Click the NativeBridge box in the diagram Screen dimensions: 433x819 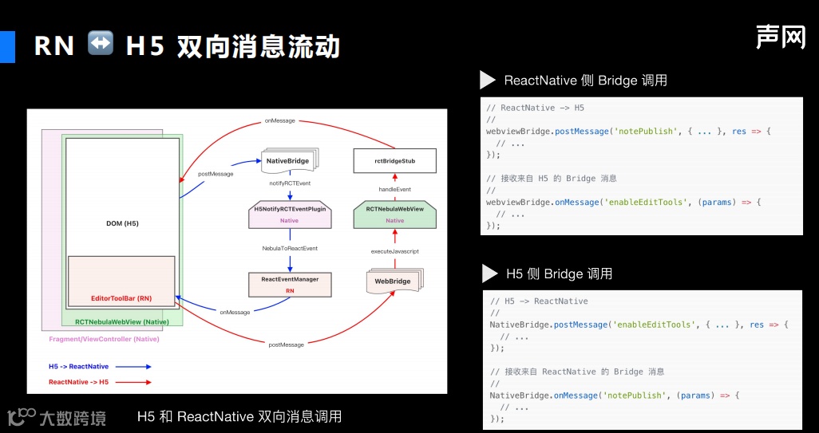288,160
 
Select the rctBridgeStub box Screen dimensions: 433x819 394,161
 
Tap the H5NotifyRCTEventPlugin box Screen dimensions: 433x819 290,215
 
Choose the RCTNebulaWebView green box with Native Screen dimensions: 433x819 394,215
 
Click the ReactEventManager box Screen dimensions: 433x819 290,285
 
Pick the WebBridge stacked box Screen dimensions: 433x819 393,281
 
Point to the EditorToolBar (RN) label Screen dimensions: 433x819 121,298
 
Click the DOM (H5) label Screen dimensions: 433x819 122,223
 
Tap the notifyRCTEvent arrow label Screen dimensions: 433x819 290,183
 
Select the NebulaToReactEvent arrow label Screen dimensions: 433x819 290,249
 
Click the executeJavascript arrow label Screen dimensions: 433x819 394,251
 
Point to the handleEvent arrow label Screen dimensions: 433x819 394,189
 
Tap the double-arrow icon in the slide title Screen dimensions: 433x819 101,44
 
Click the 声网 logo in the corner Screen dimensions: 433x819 781,36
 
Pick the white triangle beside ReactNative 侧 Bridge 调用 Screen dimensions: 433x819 487,80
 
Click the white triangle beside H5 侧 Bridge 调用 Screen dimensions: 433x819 489,274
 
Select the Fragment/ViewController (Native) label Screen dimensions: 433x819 104,339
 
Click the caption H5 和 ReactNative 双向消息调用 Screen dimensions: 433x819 239,416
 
